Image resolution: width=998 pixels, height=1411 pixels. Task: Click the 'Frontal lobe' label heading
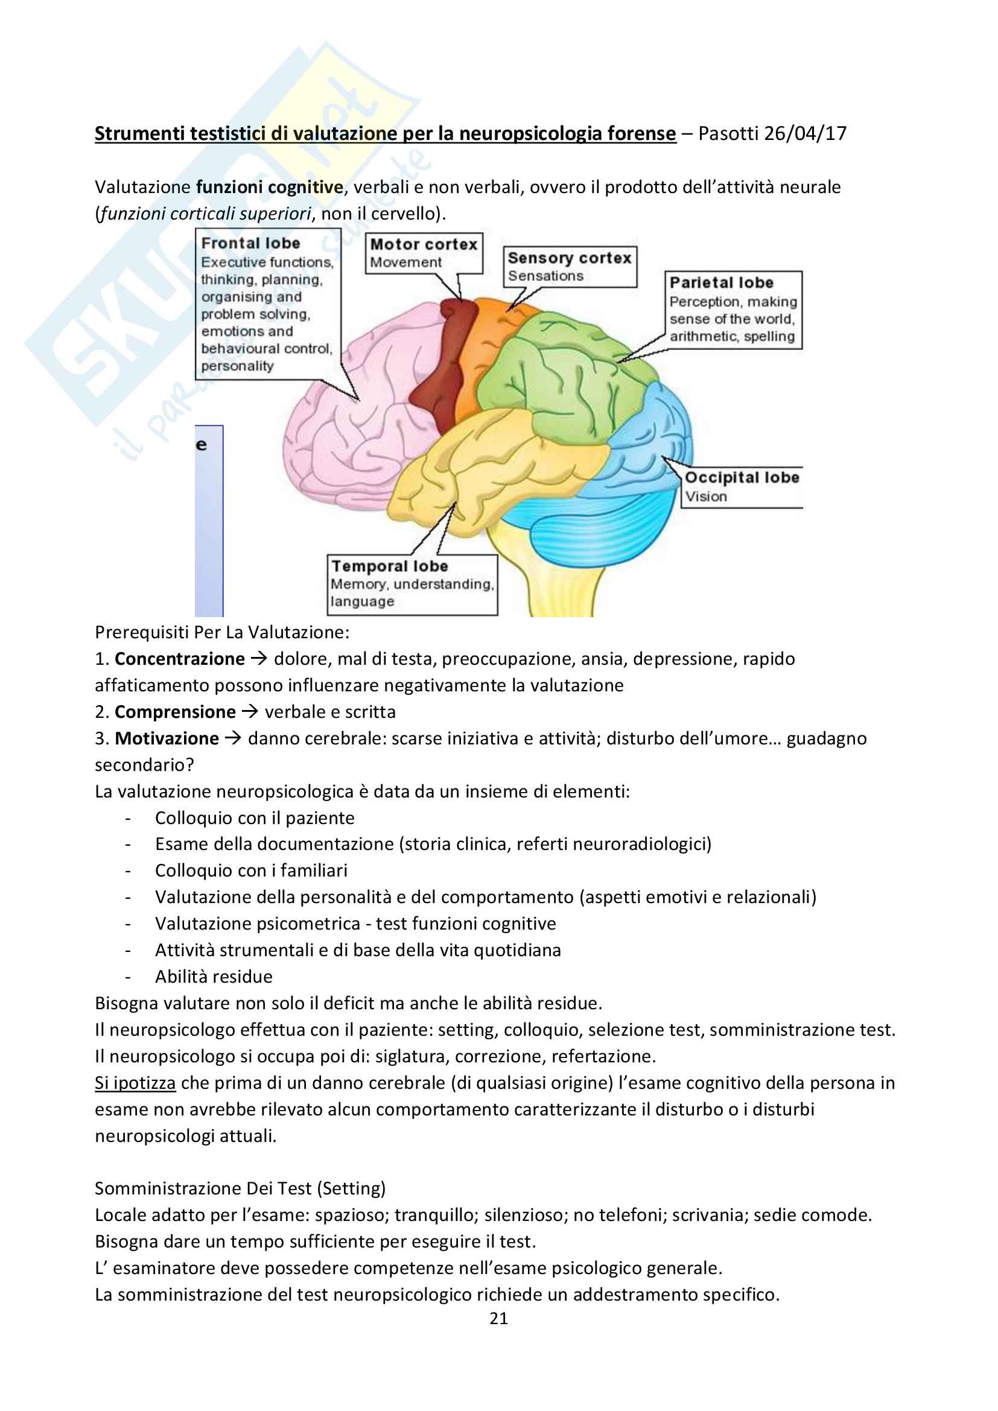(250, 243)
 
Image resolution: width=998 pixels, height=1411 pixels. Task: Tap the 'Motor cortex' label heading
(424, 244)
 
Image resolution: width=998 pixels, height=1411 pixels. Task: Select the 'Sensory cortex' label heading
(569, 258)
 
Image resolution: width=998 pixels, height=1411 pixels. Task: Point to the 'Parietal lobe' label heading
(721, 283)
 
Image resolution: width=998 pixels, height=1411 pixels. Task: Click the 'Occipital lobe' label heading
(742, 478)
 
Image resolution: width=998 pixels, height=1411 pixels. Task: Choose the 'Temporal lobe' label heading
(390, 566)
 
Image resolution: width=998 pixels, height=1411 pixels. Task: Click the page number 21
(498, 1318)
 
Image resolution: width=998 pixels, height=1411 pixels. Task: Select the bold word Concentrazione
(179, 659)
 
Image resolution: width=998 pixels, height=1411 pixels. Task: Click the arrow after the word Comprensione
(250, 712)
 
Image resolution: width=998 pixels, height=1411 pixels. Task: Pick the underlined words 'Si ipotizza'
(135, 1083)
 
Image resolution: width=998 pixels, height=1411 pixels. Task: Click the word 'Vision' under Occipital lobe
(706, 496)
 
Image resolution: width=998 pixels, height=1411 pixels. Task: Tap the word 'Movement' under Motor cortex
(405, 262)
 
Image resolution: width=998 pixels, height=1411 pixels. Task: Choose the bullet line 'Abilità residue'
(213, 977)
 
